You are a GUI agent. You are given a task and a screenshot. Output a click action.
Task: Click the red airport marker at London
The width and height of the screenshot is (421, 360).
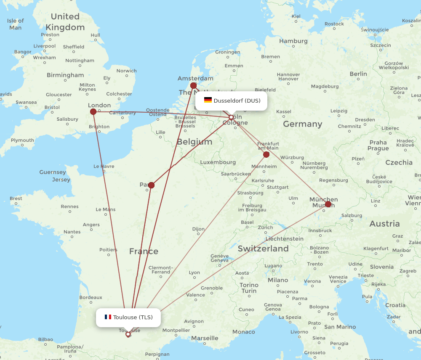coord(93,111)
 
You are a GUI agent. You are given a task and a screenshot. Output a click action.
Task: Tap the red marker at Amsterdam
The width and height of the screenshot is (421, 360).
coord(193,85)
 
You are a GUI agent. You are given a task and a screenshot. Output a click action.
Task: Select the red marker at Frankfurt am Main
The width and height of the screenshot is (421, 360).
coord(266,154)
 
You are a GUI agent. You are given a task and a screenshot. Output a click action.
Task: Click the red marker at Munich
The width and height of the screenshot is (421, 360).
coord(328,204)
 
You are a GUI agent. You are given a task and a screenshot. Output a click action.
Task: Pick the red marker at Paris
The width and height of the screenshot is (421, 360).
coord(151,185)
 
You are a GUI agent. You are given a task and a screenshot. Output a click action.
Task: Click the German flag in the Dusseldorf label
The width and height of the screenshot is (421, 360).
coord(208,100)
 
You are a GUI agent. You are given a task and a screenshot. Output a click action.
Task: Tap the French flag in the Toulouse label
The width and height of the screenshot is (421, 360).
coord(108,317)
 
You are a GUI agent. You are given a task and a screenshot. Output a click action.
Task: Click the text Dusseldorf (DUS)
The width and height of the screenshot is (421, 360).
coord(237,101)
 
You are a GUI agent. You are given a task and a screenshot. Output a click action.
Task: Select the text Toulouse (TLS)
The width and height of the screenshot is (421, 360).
coord(133,317)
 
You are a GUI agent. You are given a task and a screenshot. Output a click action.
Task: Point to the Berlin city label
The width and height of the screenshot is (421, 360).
coord(358,74)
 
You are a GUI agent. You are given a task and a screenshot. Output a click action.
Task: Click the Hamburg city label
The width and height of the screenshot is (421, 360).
coord(293,41)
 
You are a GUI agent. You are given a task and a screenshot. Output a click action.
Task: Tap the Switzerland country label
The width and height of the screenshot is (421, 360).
coord(263,249)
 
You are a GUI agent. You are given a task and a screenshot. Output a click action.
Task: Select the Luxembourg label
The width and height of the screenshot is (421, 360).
coord(218,162)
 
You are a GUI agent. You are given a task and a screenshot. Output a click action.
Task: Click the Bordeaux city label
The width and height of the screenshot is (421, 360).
coord(91,297)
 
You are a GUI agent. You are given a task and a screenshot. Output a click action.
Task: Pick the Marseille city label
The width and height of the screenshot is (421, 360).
coord(205,338)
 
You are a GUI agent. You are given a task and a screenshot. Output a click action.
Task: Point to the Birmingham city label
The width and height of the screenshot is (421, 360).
coord(65,75)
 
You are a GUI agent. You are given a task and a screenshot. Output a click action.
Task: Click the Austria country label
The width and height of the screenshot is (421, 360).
coord(384,224)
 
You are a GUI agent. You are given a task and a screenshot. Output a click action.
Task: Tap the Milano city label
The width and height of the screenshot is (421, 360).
coord(278,280)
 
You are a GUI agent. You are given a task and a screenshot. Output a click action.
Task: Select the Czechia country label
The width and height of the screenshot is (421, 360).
coord(399,162)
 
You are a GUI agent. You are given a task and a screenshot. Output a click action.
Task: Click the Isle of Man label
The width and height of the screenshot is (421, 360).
coord(16,24)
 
